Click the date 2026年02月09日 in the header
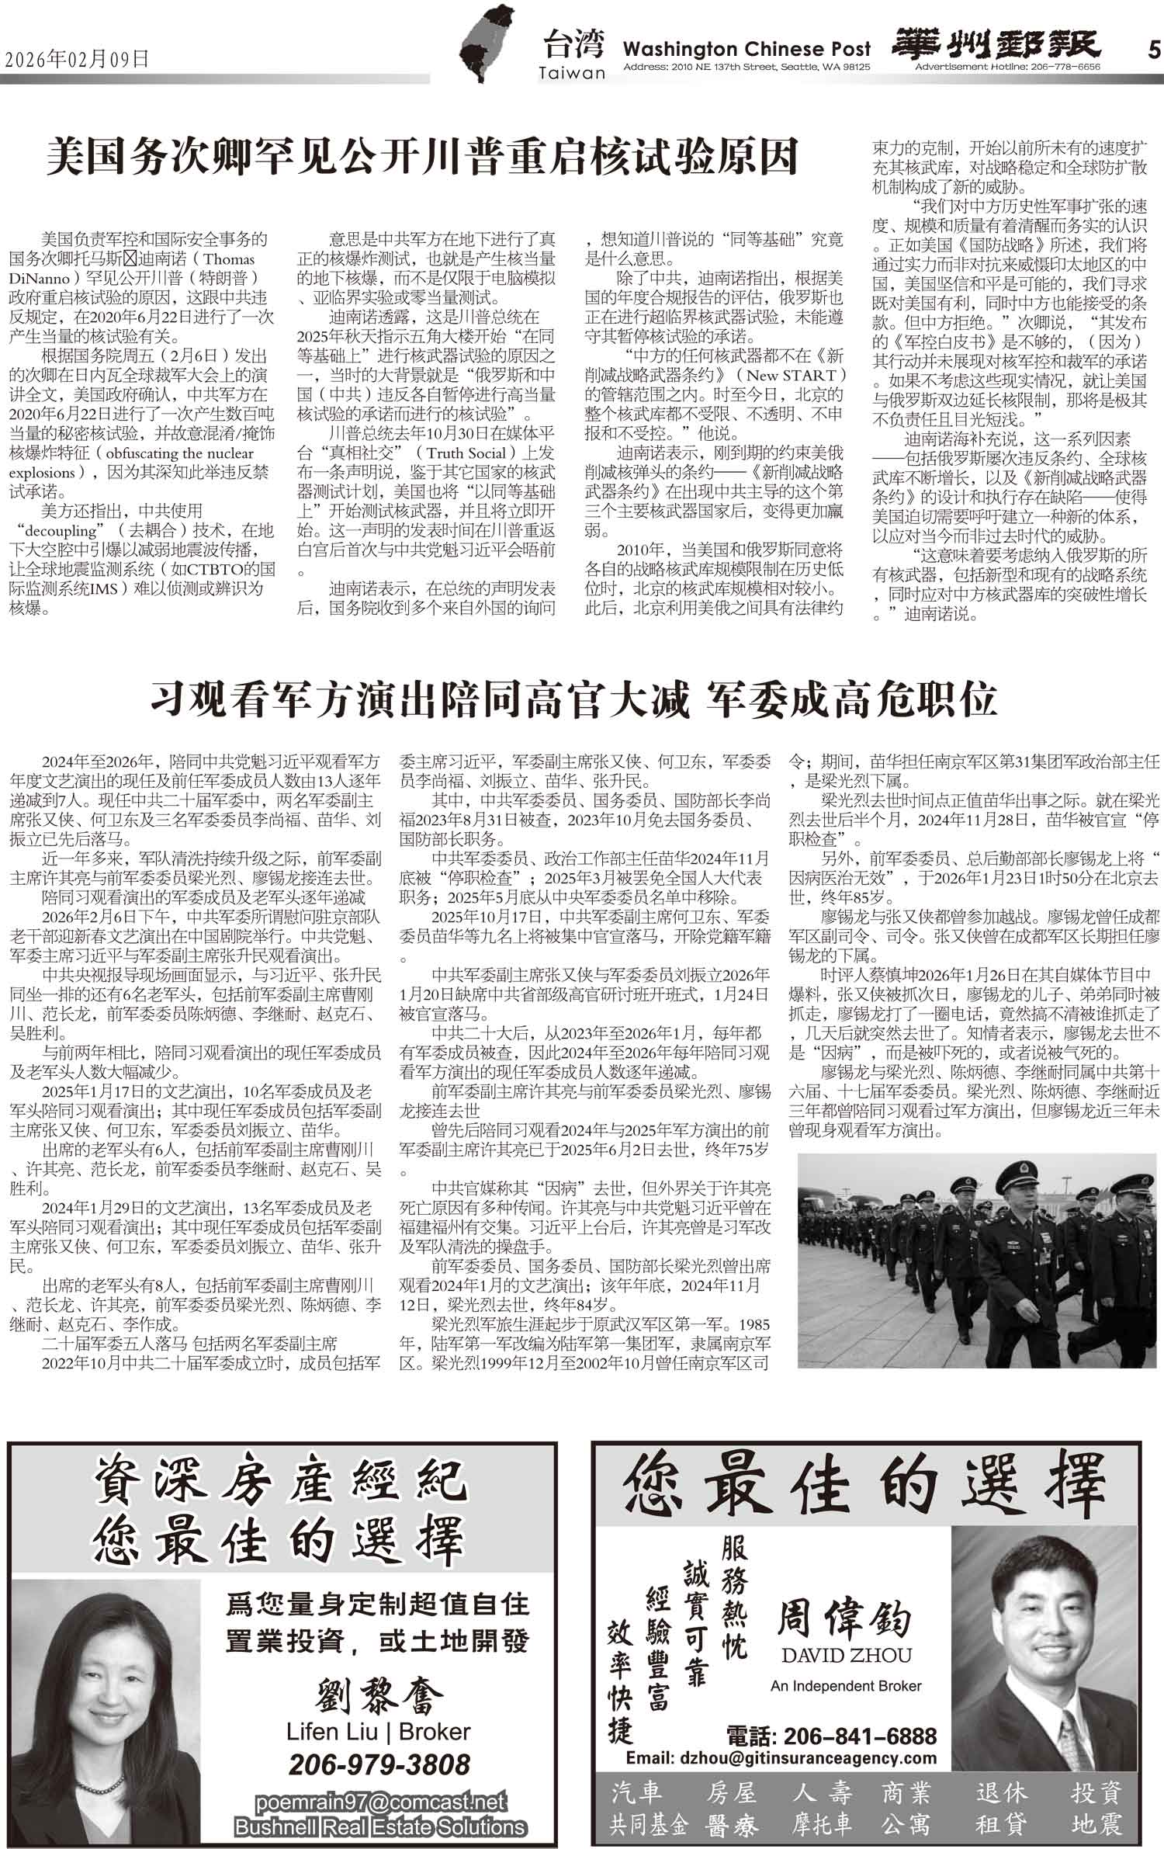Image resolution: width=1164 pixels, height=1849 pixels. (x=77, y=59)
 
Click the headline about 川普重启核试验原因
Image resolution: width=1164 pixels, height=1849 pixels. (x=422, y=156)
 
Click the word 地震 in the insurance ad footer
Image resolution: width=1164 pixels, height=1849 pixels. (x=1096, y=1823)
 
